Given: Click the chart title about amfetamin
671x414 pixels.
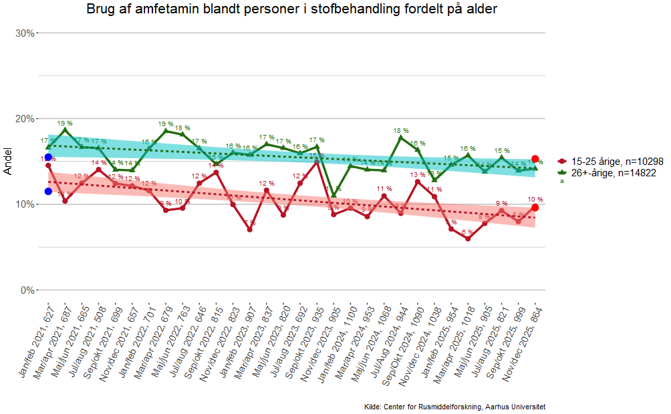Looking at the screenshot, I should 292,9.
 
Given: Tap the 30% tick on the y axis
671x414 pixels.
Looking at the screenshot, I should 25,33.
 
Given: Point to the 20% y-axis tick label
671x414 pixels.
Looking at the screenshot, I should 25,119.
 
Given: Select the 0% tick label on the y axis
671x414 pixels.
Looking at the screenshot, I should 27,290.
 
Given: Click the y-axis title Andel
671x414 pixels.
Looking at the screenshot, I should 8,161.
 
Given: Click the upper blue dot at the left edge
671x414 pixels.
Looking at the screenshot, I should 48,157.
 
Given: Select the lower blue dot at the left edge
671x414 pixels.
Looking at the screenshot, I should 48,192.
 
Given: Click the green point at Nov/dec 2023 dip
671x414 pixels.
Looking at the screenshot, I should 334,195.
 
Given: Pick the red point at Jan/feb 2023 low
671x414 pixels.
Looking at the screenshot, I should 249,230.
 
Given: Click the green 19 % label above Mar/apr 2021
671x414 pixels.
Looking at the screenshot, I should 65,124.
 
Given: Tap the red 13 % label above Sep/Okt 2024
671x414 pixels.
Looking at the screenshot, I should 417,175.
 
